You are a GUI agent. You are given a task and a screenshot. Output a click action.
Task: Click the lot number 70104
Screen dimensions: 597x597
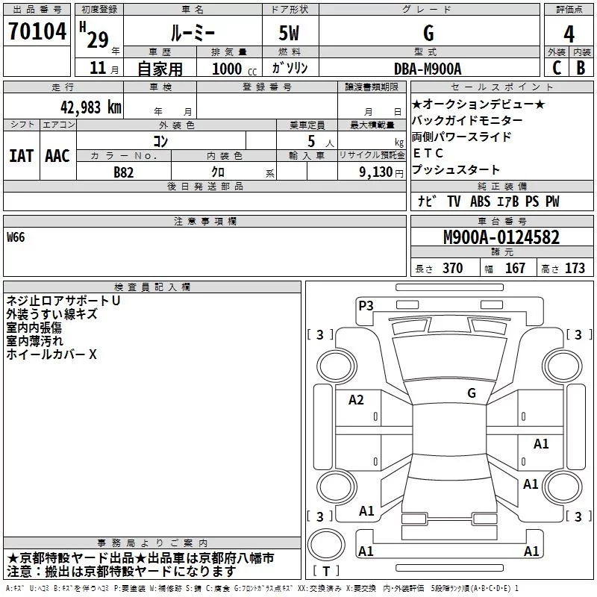[x=37, y=31]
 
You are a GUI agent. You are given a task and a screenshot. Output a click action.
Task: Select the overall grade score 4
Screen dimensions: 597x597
[x=569, y=33]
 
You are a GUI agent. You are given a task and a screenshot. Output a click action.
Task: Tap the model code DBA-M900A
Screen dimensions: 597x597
[x=428, y=69]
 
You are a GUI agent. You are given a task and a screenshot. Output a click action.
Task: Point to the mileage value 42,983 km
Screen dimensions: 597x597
[x=90, y=107]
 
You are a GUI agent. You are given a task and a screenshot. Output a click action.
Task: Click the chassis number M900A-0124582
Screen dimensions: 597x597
[x=501, y=238]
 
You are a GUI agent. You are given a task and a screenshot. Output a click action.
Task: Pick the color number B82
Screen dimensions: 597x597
[x=124, y=172]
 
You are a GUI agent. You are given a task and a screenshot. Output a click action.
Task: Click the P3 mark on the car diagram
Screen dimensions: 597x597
[x=366, y=305]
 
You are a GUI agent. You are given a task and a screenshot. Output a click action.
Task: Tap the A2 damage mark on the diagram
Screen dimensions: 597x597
[x=357, y=400]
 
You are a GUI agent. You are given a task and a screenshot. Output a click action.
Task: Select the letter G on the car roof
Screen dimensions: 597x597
[x=472, y=393]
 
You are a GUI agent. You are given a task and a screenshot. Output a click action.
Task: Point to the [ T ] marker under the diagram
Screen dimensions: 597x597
[x=326, y=572]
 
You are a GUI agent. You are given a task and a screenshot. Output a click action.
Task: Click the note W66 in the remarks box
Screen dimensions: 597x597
[x=16, y=238]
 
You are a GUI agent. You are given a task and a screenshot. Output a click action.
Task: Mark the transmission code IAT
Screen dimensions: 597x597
[x=21, y=156]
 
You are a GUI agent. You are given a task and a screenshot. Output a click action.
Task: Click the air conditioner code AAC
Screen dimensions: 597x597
[x=57, y=156]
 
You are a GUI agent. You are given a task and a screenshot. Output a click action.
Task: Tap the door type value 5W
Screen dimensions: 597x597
[x=290, y=33]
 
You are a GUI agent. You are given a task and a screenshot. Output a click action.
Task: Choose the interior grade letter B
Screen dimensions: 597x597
[x=581, y=68]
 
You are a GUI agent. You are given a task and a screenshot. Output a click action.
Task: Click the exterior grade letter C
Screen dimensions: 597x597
[x=556, y=68]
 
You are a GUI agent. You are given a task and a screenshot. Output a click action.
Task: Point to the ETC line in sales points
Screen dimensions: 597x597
[x=423, y=153]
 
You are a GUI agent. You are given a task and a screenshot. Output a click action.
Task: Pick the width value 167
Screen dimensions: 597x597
[x=515, y=269]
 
